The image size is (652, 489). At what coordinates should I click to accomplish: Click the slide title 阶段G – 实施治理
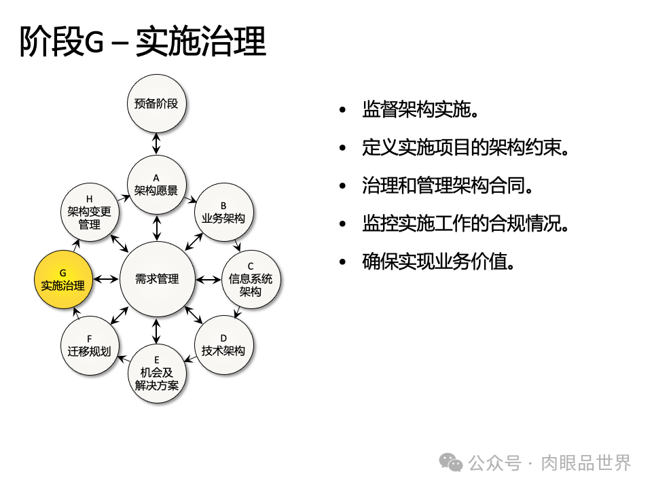143,42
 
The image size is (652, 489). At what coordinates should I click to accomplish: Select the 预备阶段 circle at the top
156,104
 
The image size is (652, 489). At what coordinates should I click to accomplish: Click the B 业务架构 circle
223,212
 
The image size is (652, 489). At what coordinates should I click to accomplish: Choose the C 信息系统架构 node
251,279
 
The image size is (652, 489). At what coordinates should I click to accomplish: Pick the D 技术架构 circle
223,344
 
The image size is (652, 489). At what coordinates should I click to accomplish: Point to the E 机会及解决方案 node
156,373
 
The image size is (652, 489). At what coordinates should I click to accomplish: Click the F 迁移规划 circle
89,345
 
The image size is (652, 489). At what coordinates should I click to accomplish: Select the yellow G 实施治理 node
63,279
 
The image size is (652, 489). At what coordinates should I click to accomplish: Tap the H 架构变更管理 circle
89,212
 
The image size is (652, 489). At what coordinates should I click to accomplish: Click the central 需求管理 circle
157,279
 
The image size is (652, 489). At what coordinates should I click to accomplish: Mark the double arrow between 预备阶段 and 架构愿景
156,144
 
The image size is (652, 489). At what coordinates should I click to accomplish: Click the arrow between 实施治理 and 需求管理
106,279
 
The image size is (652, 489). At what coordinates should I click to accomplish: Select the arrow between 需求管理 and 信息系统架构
208,279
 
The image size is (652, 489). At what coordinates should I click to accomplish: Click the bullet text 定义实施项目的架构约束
465,147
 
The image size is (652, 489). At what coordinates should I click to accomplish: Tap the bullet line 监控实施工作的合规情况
465,223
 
